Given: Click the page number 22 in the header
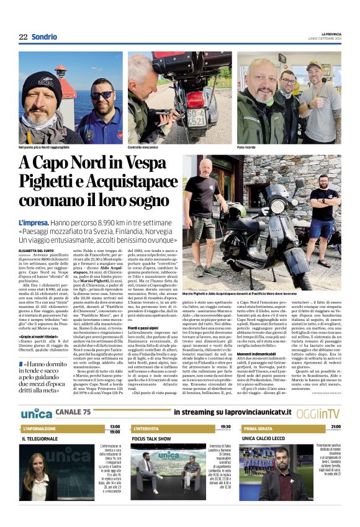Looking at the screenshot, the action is point(23,37).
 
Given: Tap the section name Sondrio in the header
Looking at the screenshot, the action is point(44,37).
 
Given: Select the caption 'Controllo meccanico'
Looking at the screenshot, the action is point(144,146).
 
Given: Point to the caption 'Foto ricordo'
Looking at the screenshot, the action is point(248,146).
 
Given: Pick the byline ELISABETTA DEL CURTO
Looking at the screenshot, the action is point(38,251).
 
